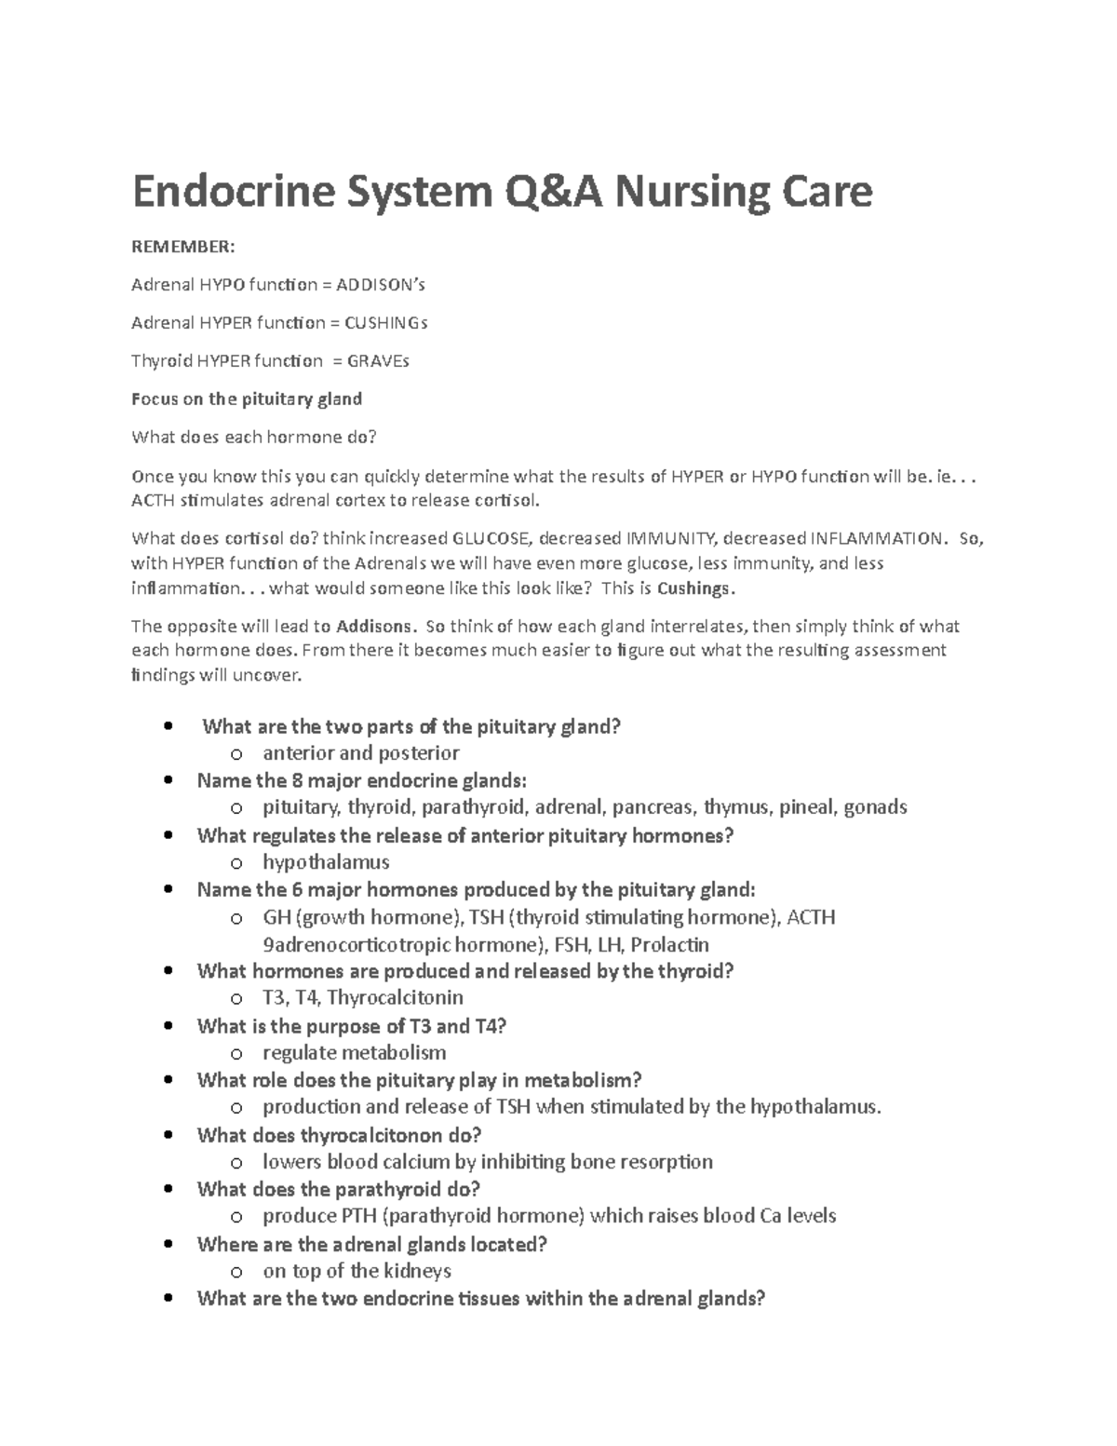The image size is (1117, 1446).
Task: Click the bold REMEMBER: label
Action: pyautogui.click(x=183, y=247)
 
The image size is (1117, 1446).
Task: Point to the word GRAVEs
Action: pyautogui.click(x=377, y=361)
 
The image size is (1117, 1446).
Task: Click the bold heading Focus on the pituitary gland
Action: pyautogui.click(x=247, y=399)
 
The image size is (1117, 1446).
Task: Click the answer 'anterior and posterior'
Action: pyautogui.click(x=361, y=753)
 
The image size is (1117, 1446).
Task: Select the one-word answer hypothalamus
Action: pyautogui.click(x=326, y=862)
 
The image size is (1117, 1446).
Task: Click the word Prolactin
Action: pyautogui.click(x=670, y=945)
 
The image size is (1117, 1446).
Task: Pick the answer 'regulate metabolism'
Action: pyautogui.click(x=354, y=1053)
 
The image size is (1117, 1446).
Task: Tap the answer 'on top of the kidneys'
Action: pyautogui.click(x=357, y=1271)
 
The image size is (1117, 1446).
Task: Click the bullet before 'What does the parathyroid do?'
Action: pyautogui.click(x=168, y=1190)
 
